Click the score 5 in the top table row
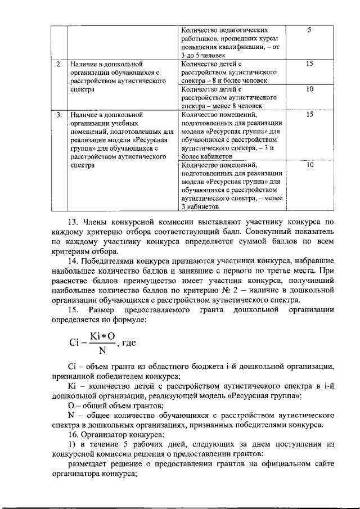[x=309, y=29]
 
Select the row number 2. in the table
[x=58, y=64]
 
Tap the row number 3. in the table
[x=58, y=115]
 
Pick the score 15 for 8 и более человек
[x=309, y=64]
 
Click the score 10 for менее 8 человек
[x=309, y=89]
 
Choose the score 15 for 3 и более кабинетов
[x=309, y=115]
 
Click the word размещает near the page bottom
[x=88, y=464]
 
